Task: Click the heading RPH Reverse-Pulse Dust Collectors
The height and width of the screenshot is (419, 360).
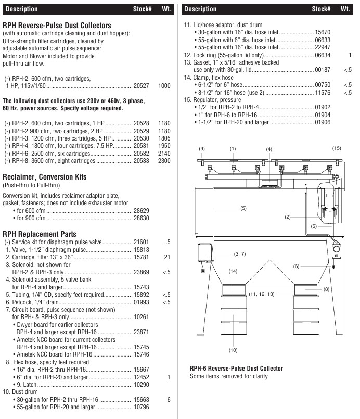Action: pyautogui.click(x=57, y=25)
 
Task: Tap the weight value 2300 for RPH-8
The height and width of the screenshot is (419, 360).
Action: pyautogui.click(x=164, y=161)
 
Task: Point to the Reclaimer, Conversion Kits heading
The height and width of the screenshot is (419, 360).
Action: pyautogui.click(x=45, y=177)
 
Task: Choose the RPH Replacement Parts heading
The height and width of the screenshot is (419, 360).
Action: pyautogui.click(x=40, y=234)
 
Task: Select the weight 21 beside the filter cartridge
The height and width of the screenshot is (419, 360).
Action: pyautogui.click(x=167, y=257)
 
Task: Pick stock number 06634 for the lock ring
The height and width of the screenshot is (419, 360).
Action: pyautogui.click(x=323, y=55)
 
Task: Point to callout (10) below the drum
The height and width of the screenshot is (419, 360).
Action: pyautogui.click(x=233, y=350)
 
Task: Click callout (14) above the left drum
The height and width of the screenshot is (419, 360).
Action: pyautogui.click(x=233, y=271)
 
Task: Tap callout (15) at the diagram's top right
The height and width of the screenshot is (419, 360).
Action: pyautogui.click(x=337, y=148)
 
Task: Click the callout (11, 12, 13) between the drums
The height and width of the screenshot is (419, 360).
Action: pyautogui.click(x=261, y=294)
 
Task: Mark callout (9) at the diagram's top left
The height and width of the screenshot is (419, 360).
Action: pyautogui.click(x=202, y=149)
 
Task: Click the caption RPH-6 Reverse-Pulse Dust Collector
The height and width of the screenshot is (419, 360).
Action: pyautogui.click(x=236, y=369)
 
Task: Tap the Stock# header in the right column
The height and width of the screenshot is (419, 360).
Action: pyautogui.click(x=321, y=9)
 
